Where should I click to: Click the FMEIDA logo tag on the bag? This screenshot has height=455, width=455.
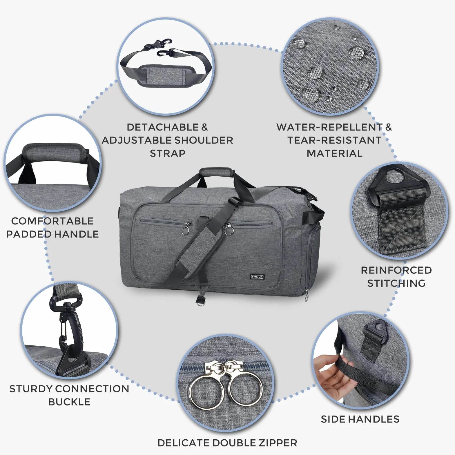pyautogui.click(x=257, y=277)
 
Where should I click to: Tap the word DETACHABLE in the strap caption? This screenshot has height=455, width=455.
pyautogui.click(x=163, y=127)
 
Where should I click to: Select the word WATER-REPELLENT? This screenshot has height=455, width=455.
pyautogui.click(x=329, y=127)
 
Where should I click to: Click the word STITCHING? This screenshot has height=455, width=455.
pyautogui.click(x=396, y=283)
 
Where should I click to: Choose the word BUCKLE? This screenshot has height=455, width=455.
pyautogui.click(x=69, y=402)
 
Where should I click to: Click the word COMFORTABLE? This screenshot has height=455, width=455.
pyautogui.click(x=52, y=221)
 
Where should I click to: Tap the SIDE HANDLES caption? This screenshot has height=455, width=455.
pyautogui.click(x=360, y=419)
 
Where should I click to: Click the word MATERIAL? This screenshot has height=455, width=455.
pyautogui.click(x=335, y=153)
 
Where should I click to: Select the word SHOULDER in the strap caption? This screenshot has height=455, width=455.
pyautogui.click(x=204, y=140)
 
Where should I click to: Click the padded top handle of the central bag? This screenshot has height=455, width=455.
pyautogui.click(x=217, y=172)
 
